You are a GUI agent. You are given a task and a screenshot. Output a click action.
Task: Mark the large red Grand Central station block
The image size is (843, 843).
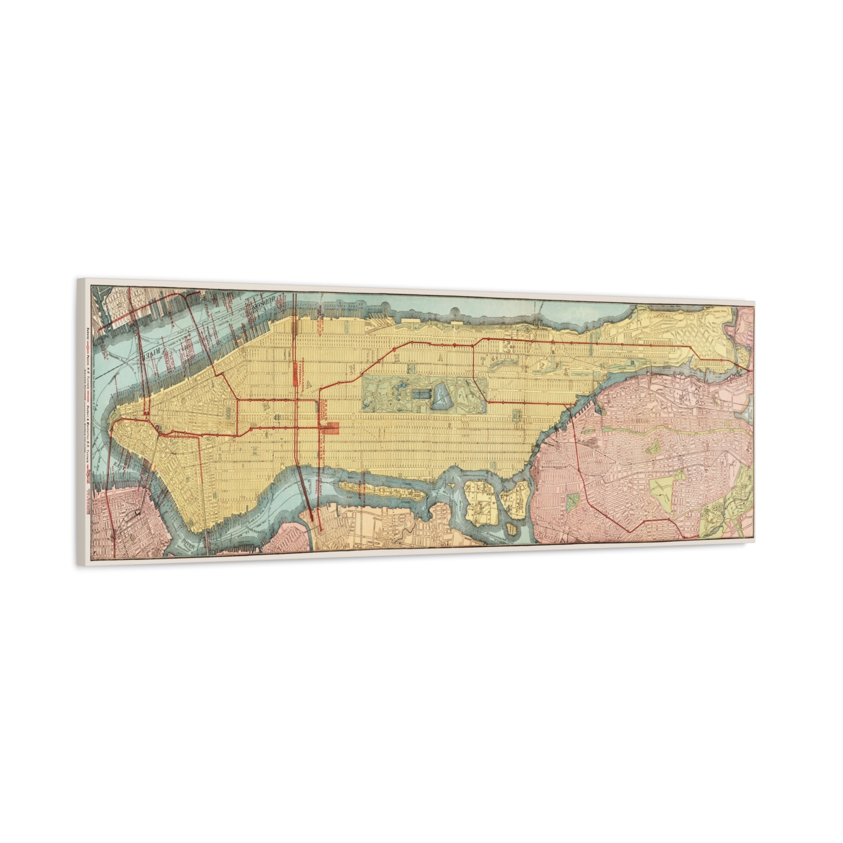(334, 428)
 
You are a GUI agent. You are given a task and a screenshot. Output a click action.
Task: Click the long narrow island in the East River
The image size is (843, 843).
(382, 491)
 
